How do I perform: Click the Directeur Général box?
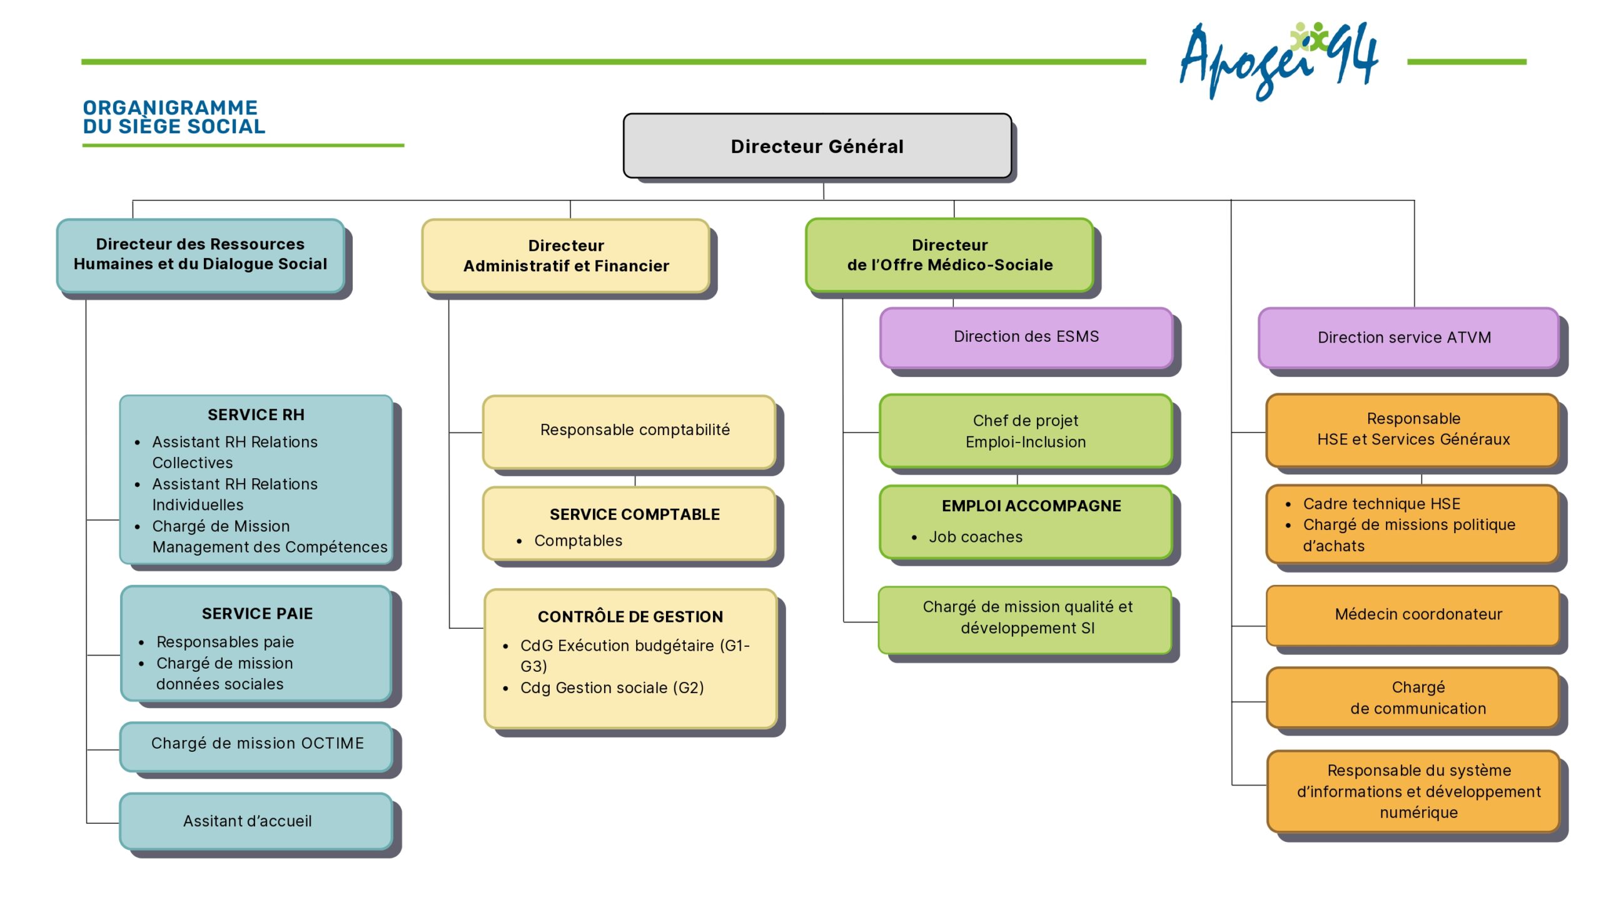tap(817, 146)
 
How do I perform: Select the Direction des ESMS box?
tap(1026, 337)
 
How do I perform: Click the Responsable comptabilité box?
tap(634, 430)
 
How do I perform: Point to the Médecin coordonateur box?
tap(1418, 614)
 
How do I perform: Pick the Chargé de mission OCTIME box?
tap(257, 744)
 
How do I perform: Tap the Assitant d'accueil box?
tap(248, 821)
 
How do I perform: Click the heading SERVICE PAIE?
tap(257, 614)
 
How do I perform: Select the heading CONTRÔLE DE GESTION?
tap(630, 617)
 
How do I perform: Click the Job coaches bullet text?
tap(976, 537)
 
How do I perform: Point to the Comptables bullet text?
tap(578, 541)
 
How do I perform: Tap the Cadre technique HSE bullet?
tap(1381, 504)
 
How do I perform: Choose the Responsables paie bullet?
tap(225, 642)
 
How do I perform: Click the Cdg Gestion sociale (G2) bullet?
tap(612, 688)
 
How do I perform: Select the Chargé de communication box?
tap(1418, 698)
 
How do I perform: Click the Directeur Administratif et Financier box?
tap(566, 256)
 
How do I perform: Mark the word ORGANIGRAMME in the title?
tap(170, 107)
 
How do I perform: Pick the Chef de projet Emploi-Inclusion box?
tap(1026, 431)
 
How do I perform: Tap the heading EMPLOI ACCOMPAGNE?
tap(1031, 506)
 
